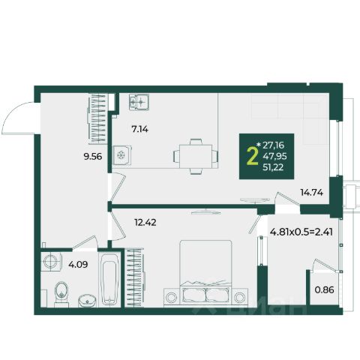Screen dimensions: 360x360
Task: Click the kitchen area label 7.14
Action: pos(139,129)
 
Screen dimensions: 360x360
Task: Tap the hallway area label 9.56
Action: pos(93,157)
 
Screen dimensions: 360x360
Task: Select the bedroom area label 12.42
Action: pos(145,222)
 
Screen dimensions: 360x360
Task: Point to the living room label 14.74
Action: pos(312,193)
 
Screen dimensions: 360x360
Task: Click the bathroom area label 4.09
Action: pos(78,265)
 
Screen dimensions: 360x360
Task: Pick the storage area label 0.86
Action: pos(324,290)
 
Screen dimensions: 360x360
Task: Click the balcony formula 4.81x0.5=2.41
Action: pos(301,232)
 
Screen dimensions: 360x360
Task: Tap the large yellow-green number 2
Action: pos(252,157)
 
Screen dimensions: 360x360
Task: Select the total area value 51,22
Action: pos(273,167)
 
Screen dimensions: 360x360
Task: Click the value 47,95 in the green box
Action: pos(274,157)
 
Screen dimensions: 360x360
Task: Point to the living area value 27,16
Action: pos(273,145)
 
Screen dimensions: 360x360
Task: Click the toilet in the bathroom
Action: pos(61,294)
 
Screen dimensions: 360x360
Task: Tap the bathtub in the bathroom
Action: pos(109,279)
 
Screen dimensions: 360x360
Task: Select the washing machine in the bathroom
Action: pos(52,262)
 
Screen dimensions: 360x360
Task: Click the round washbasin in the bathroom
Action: pos(87,301)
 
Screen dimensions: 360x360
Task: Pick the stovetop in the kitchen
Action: pos(139,102)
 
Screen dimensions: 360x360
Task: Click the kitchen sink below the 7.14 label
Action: pos(122,155)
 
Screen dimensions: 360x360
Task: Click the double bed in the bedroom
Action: pos(205,273)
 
